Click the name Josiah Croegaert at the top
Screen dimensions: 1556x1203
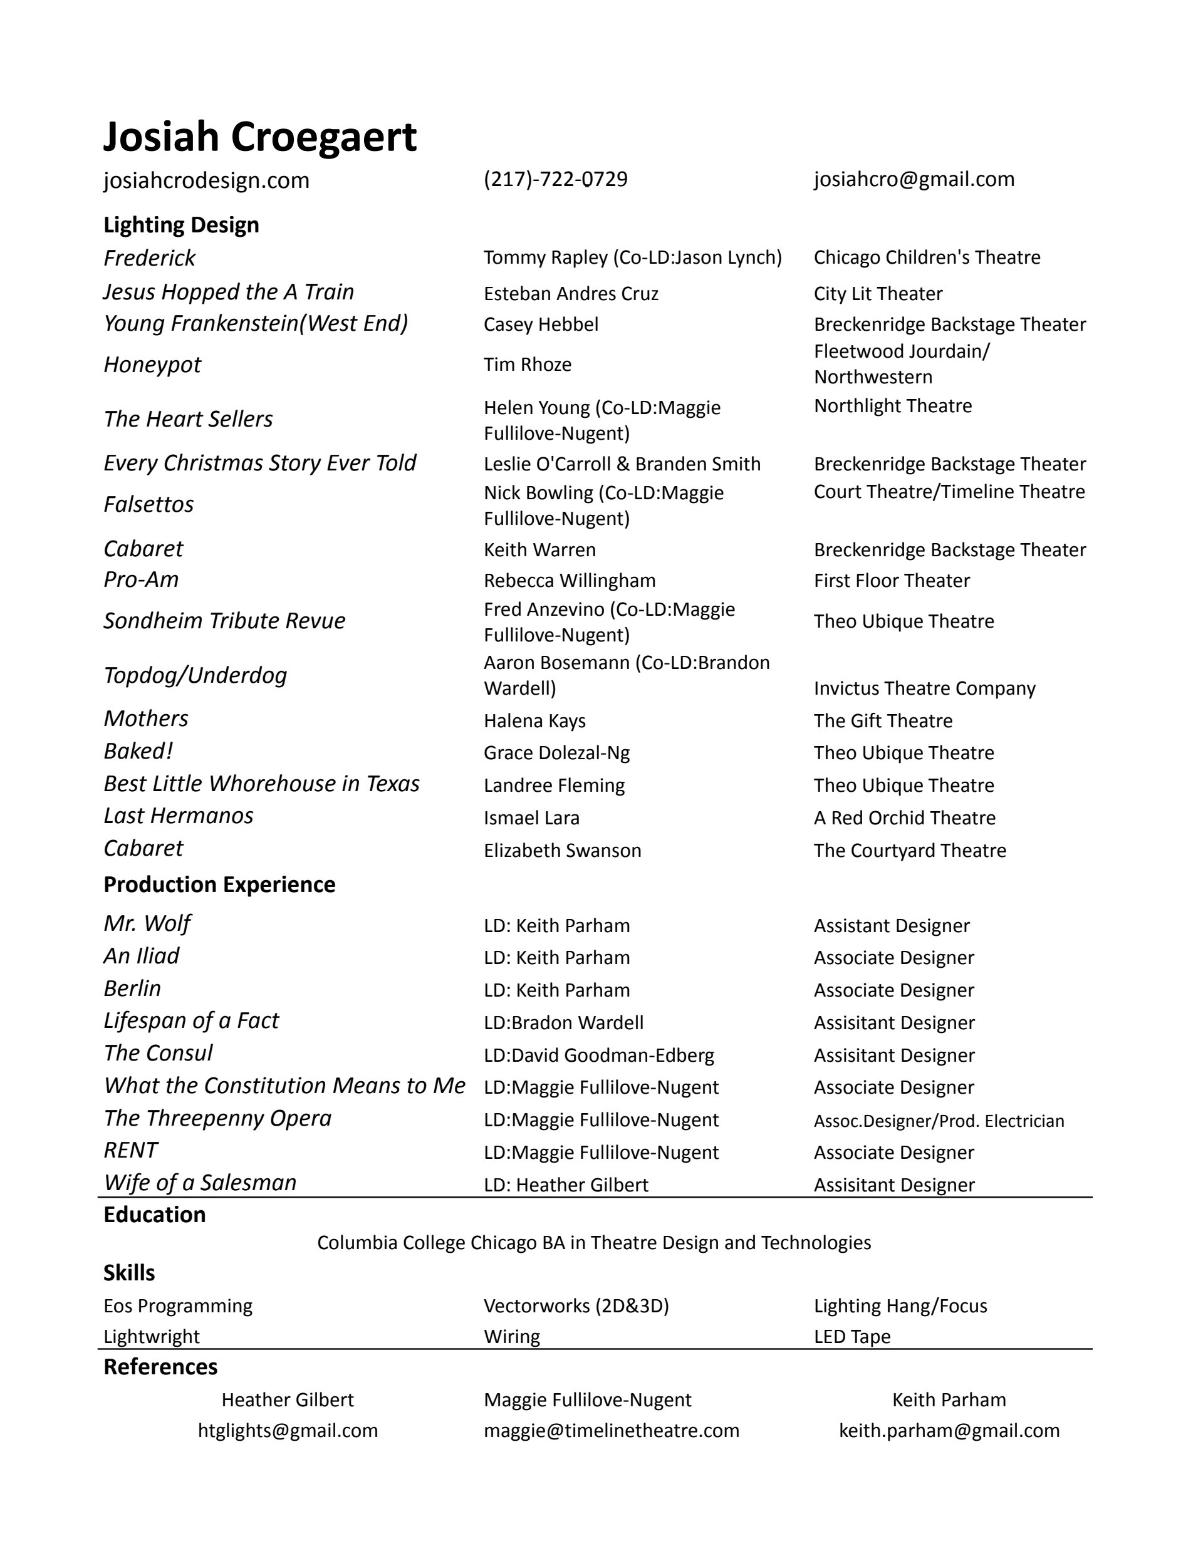pos(259,136)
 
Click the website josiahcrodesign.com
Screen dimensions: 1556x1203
pos(206,180)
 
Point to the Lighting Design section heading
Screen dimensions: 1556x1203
pos(181,225)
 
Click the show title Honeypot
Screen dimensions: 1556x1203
pos(152,365)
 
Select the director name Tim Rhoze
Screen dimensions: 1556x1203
pos(528,365)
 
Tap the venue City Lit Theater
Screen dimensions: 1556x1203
pos(877,294)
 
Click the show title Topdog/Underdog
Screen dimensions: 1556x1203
pos(195,675)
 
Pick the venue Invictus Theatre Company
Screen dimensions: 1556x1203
pos(924,688)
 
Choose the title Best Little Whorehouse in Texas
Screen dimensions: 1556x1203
pos(261,784)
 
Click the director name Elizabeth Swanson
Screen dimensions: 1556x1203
pos(562,851)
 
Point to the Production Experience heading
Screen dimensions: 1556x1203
pos(219,885)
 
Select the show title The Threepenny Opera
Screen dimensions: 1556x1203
pos(217,1119)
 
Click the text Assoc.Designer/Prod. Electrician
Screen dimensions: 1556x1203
pos(939,1121)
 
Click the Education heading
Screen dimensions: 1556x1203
pos(154,1215)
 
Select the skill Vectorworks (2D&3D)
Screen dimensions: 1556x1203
pos(576,1306)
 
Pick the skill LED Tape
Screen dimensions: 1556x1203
pos(851,1337)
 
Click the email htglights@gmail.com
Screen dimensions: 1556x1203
pos(288,1431)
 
